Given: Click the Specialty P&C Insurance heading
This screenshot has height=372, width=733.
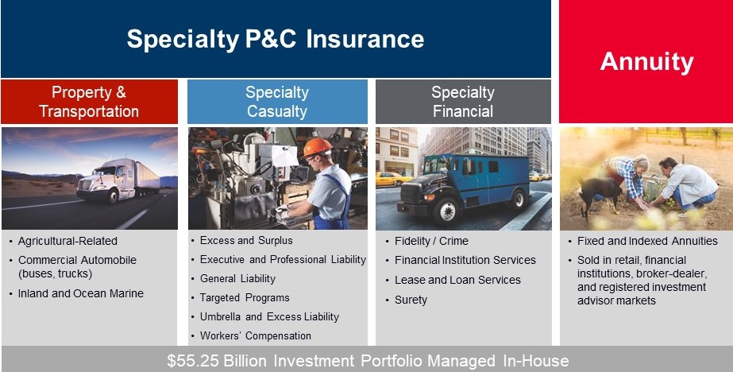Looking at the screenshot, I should pyautogui.click(x=276, y=39).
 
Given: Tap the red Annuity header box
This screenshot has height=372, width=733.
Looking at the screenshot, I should pyautogui.click(x=646, y=61).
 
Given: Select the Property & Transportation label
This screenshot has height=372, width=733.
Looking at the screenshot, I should pyautogui.click(x=89, y=102).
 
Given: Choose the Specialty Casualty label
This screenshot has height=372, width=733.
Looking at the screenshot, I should pyautogui.click(x=277, y=102).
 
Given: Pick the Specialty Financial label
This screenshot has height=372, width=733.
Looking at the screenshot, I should pyautogui.click(x=463, y=102).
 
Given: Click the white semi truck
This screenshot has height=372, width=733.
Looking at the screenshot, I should pyautogui.click(x=111, y=182).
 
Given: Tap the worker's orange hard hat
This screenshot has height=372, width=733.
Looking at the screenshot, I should pyautogui.click(x=317, y=147).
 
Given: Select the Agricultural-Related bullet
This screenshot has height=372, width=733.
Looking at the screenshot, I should pyautogui.click(x=68, y=241).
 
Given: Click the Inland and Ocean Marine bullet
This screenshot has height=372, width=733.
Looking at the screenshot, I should pyautogui.click(x=81, y=293).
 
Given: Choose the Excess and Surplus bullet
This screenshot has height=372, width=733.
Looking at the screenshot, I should pyautogui.click(x=246, y=240).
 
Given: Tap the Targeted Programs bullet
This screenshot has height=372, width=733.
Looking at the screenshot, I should pyautogui.click(x=245, y=297).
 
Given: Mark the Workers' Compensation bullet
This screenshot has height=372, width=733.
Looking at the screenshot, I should pyautogui.click(x=256, y=335).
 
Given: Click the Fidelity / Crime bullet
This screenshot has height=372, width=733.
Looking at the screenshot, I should pyautogui.click(x=431, y=241).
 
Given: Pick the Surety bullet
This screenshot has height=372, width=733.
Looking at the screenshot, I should pyautogui.click(x=411, y=300).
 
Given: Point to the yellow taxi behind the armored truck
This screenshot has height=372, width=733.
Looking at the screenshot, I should pyautogui.click(x=390, y=178).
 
